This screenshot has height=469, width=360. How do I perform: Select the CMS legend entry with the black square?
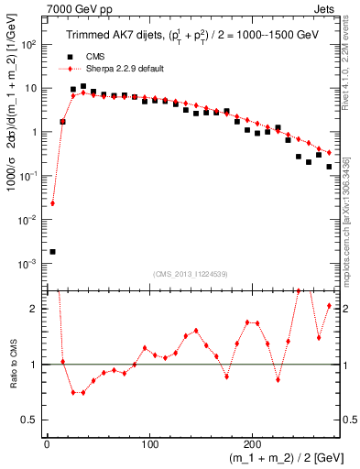coord(88,56)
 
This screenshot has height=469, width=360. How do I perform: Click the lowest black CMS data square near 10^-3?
coord(52,251)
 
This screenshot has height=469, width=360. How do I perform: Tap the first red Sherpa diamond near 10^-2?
coord(52,203)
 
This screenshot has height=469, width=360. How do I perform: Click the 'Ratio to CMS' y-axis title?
coord(11,365)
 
